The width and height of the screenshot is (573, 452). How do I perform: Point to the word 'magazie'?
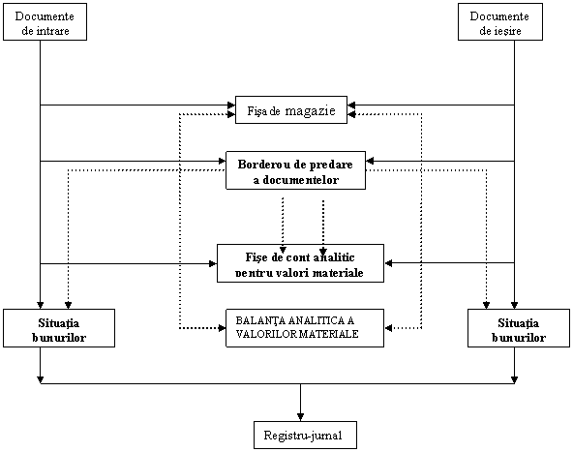point(311,110)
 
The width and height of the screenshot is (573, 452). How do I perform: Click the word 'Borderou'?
point(264,165)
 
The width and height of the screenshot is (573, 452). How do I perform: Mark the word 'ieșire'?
point(507,31)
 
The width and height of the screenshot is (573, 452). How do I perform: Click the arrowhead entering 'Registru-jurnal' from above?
point(300,417)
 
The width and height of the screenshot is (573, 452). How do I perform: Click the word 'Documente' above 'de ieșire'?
point(499,16)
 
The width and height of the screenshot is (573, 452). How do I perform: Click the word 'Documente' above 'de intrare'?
point(45,16)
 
